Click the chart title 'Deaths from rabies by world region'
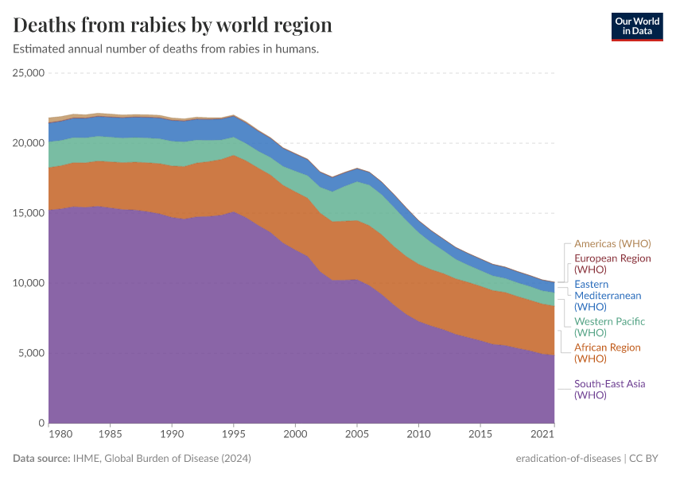tap(173, 25)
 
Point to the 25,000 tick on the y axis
tap(29, 73)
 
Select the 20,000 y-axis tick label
tap(29, 143)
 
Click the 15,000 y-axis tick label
tap(29, 213)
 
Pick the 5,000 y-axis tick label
tap(31, 353)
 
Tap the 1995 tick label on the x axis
tap(234, 436)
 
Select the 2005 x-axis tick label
tap(357, 436)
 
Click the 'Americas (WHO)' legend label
tap(612, 244)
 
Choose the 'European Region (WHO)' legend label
tap(612, 264)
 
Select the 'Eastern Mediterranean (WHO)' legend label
tap(608, 295)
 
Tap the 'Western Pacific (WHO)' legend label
tap(609, 327)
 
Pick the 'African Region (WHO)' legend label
tap(607, 353)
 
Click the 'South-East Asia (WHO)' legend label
tap(609, 390)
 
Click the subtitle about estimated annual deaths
tap(166, 49)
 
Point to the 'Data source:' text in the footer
tap(40, 459)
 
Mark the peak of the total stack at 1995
tap(234, 115)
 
